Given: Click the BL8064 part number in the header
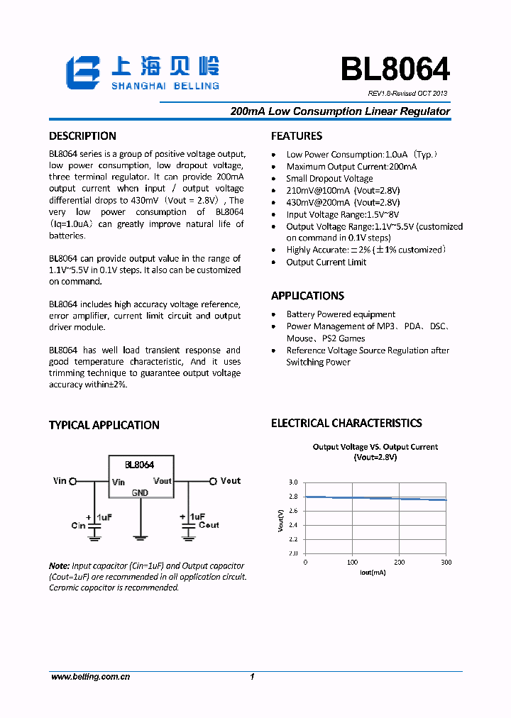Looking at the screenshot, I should pos(395,70).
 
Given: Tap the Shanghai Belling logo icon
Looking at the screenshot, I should pos(86,73).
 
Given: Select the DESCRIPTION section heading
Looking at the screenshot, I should pos(82,136).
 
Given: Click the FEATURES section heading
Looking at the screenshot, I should pos(297,136).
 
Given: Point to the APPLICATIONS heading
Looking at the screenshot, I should pos(307,296).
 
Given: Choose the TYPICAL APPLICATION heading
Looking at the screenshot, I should pos(104,426).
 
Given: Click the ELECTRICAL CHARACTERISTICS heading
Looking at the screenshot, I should pos(346,424).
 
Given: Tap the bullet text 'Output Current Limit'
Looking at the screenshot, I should pos(326,263).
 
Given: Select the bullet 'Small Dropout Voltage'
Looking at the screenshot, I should pos(329,179).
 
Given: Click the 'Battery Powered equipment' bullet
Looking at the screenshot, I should pos(341,314).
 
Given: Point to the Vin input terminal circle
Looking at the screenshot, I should pos(73,481).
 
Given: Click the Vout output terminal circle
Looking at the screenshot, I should pos(211,481).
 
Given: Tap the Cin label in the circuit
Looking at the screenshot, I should pos(78,526).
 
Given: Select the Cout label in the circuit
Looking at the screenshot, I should pos(209,525).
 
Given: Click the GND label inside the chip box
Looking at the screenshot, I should pos(140,492).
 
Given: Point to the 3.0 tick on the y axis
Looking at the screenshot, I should pos(293,482).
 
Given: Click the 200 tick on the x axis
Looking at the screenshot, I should pos(400,562).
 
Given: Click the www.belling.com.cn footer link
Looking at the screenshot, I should pos(90,678).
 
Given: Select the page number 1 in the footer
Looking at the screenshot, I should pos(252,678).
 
